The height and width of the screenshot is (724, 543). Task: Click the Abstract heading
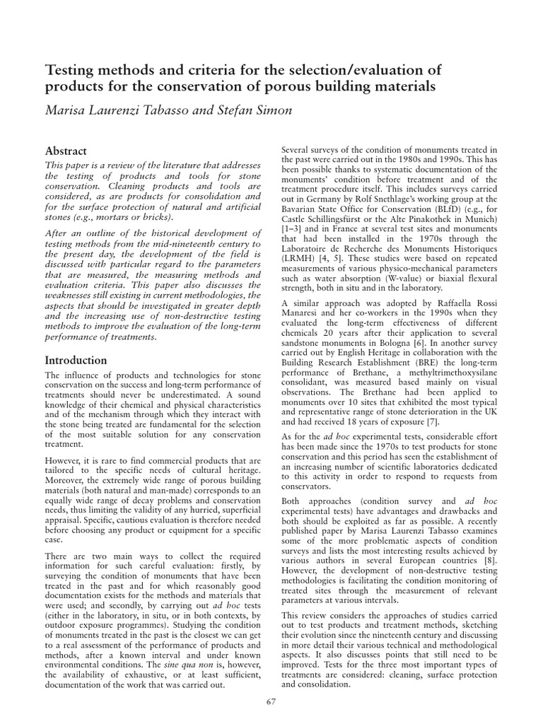[66, 151]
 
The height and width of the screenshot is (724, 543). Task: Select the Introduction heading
[76, 360]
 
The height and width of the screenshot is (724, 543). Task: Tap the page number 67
[271, 701]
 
